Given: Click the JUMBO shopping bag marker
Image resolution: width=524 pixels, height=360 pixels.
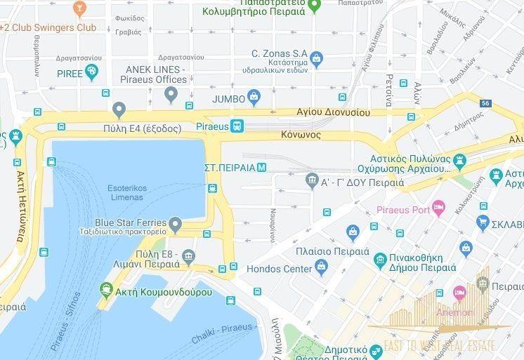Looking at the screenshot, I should pyautogui.click(x=254, y=96).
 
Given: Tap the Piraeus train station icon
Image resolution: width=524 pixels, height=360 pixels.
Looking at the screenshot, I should pyautogui.click(x=238, y=126).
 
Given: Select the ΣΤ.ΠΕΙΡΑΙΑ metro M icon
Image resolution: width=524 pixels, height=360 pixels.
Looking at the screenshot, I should pyautogui.click(x=261, y=167).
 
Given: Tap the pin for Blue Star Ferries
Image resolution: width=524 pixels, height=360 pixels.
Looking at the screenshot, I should pyautogui.click(x=176, y=225).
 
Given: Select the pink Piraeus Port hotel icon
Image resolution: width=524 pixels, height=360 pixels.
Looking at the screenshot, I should pyautogui.click(x=438, y=207).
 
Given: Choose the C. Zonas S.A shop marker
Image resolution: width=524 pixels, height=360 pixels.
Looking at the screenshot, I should pyautogui.click(x=316, y=57).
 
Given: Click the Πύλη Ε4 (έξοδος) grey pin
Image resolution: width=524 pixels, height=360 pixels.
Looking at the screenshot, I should pyautogui.click(x=119, y=110).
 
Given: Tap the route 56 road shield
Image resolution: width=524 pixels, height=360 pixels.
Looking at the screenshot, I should pyautogui.click(x=485, y=103).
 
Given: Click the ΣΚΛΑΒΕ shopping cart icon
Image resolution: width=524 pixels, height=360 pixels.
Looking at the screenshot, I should pyautogui.click(x=483, y=223).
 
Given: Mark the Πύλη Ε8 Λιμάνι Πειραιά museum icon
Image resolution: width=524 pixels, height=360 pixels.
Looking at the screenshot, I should pyautogui.click(x=188, y=257).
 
